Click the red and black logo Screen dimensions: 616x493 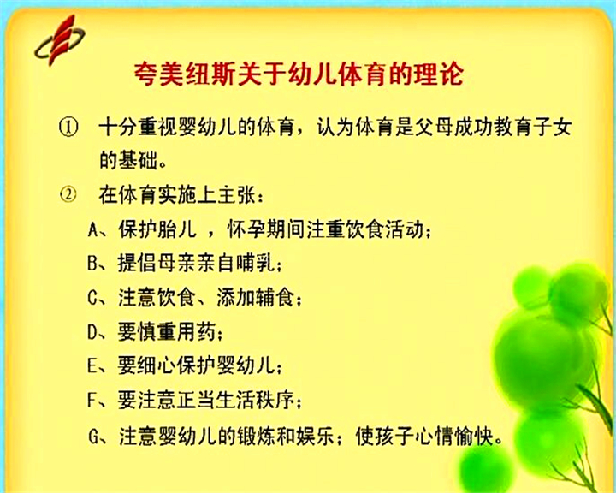click(x=60, y=40)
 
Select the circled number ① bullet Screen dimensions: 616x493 click(x=68, y=127)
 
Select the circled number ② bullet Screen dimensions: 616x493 click(x=68, y=194)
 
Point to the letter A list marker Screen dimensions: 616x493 click(x=92, y=229)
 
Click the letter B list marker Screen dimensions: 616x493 click(x=92, y=263)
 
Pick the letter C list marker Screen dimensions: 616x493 click(x=92, y=298)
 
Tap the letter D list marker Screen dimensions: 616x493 click(x=92, y=332)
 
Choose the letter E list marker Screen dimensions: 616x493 click(x=92, y=366)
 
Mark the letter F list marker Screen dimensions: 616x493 click(x=92, y=401)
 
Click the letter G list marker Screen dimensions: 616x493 click(x=93, y=436)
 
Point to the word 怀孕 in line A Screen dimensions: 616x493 click(x=246, y=229)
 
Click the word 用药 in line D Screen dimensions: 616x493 click(x=197, y=332)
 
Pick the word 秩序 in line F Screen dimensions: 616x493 click(x=275, y=401)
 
